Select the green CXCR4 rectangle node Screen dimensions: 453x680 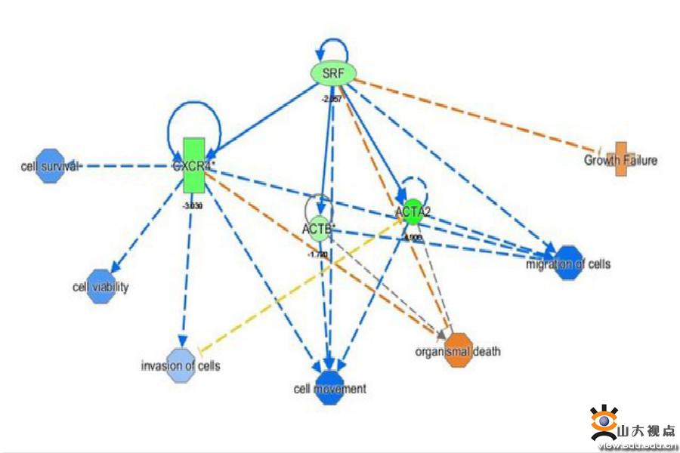click(194, 165)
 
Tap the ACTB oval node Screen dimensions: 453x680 click(318, 229)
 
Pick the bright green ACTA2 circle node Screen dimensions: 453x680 click(413, 212)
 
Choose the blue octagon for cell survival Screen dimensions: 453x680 click(51, 165)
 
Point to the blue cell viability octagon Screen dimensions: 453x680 click(100, 286)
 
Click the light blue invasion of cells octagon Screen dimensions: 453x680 click(181, 365)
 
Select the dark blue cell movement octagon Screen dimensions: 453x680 click(329, 388)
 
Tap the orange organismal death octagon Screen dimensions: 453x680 click(458, 350)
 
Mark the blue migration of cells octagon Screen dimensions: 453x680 click(569, 263)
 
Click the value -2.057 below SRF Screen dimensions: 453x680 click(332, 99)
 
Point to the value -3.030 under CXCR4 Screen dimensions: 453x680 click(193, 205)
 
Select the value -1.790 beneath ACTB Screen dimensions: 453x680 click(317, 255)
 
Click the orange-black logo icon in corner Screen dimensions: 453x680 click(604, 424)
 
